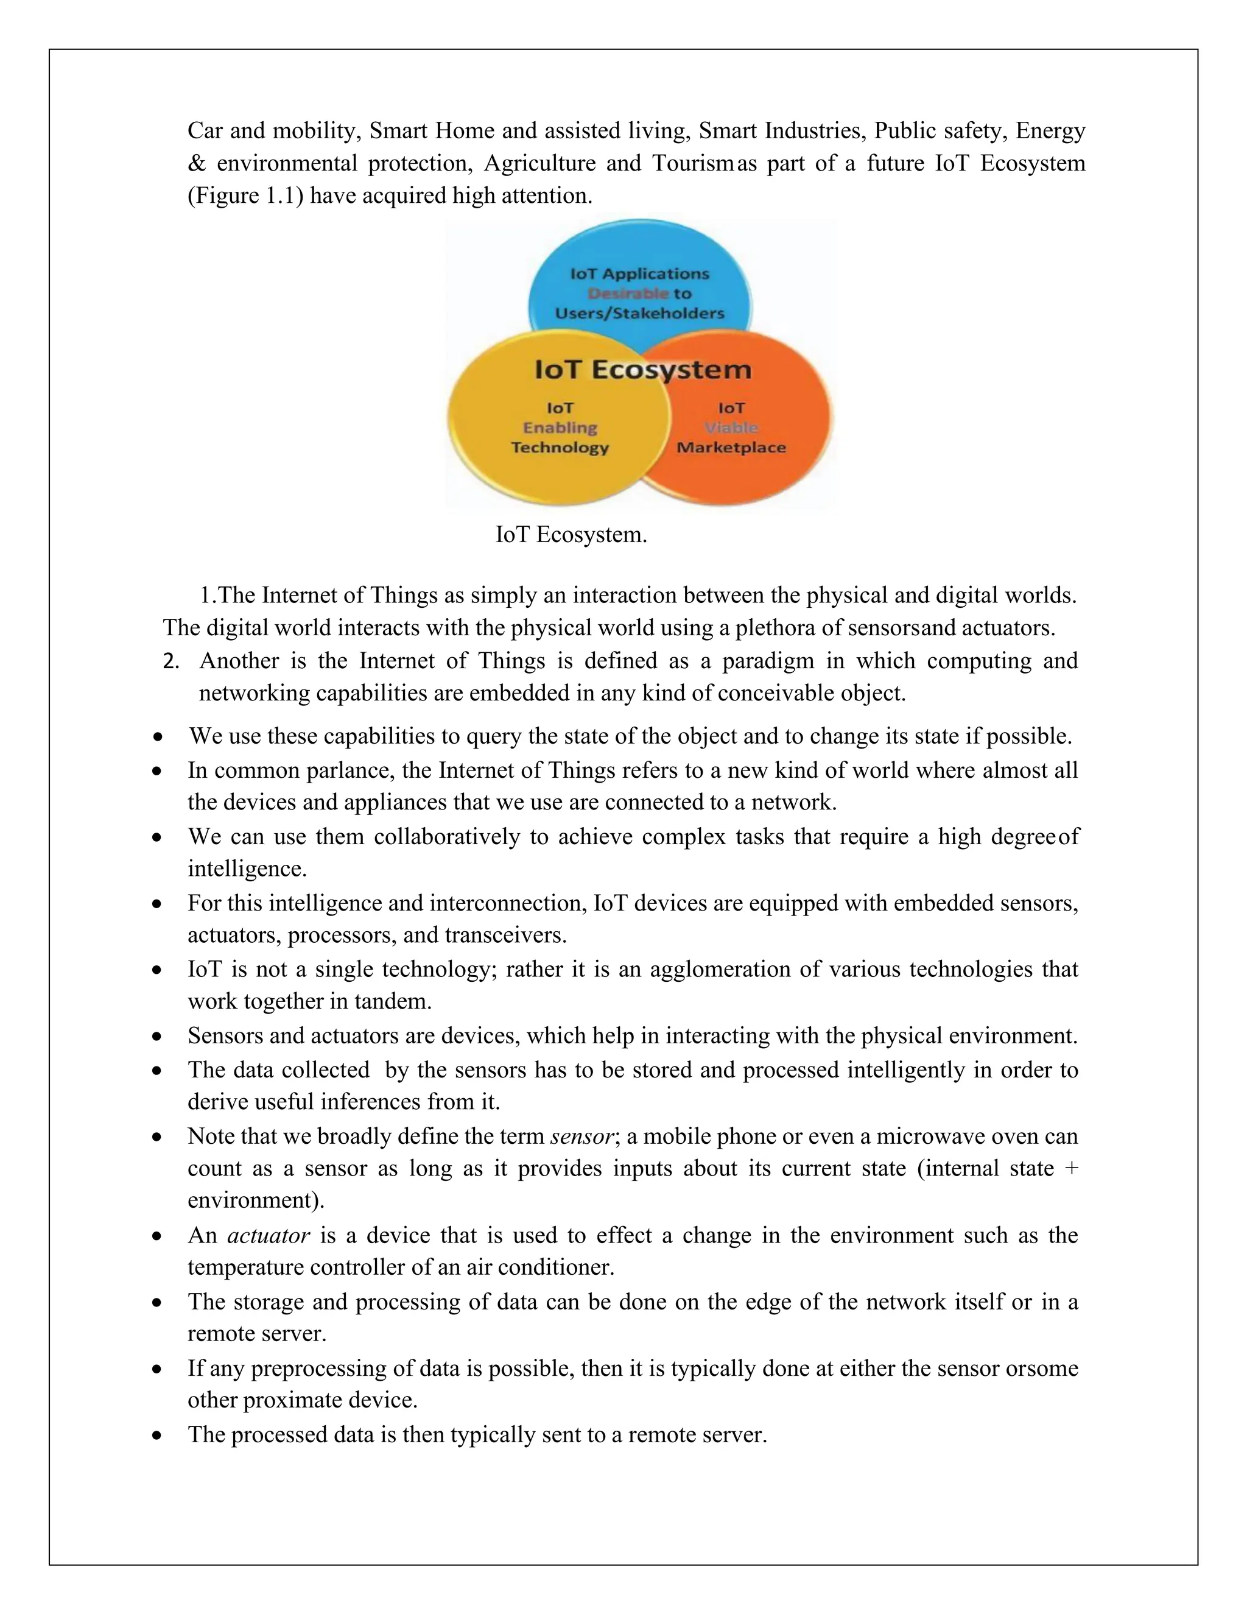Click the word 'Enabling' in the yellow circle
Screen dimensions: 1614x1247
(560, 428)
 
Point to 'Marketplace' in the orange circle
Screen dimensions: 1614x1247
(731, 448)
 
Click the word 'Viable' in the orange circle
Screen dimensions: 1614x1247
(731, 428)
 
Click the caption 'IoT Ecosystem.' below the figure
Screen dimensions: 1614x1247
(571, 534)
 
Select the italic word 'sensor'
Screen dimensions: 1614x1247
(581, 1136)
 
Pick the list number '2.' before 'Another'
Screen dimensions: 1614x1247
(171, 661)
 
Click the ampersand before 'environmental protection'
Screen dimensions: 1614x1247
(197, 163)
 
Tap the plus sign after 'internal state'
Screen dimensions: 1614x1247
(1072, 1169)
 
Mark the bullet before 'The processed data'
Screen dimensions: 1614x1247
(156, 1435)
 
